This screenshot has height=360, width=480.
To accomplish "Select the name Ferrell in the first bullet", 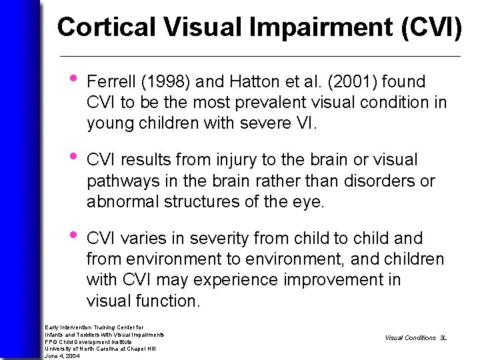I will [x=111, y=82].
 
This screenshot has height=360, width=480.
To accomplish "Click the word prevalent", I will [x=259, y=103].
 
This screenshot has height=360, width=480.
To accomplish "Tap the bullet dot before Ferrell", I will [x=71, y=81].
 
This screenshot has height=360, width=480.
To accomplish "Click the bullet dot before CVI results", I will [x=71, y=159].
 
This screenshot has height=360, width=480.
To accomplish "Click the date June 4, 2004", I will [x=62, y=356].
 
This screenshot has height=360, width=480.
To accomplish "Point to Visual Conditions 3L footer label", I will [x=415, y=338].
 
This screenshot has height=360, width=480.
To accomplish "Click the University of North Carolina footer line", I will [x=100, y=349].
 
